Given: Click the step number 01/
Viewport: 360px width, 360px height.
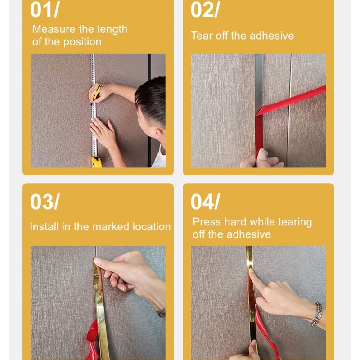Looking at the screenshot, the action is tap(45, 10).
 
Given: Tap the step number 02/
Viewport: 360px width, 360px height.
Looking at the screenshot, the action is tap(205, 10).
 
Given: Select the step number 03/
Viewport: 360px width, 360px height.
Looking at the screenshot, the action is tap(45, 201).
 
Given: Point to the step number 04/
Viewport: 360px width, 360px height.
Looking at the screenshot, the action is tap(205, 201).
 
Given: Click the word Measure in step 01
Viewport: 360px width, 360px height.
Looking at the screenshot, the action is tap(54, 29).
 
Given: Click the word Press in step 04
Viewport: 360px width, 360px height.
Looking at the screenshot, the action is tap(207, 222).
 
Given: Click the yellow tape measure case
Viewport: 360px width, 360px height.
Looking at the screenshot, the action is tap(96, 162).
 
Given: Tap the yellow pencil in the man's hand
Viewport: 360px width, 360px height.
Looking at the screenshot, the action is tap(96, 94).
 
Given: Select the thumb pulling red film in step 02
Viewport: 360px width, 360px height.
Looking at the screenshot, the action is tap(262, 156).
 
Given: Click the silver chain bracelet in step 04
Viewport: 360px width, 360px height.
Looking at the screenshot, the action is tap(317, 314).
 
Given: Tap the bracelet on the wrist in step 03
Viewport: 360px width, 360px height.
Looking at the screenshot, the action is tap(161, 312).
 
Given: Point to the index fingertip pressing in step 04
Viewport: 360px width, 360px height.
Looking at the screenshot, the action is tap(251, 271).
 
